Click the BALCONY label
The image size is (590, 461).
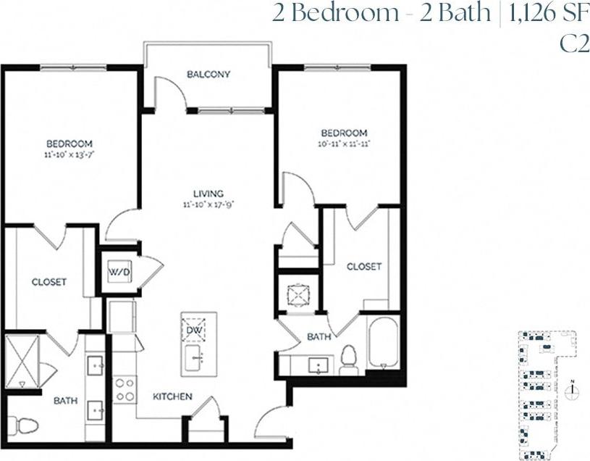point(208,74)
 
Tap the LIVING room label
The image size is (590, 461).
point(208,194)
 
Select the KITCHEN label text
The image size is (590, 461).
point(172,396)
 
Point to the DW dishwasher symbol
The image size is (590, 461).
point(193,330)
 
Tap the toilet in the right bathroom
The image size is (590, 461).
point(349,357)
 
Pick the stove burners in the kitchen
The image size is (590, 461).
point(125,389)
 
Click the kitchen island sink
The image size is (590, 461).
point(195,357)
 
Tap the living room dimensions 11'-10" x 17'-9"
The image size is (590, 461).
point(208,204)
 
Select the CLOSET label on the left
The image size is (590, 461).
point(49,282)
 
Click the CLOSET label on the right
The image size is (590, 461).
point(363,267)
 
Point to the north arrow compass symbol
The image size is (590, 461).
point(573,390)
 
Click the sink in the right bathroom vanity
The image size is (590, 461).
point(318,365)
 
